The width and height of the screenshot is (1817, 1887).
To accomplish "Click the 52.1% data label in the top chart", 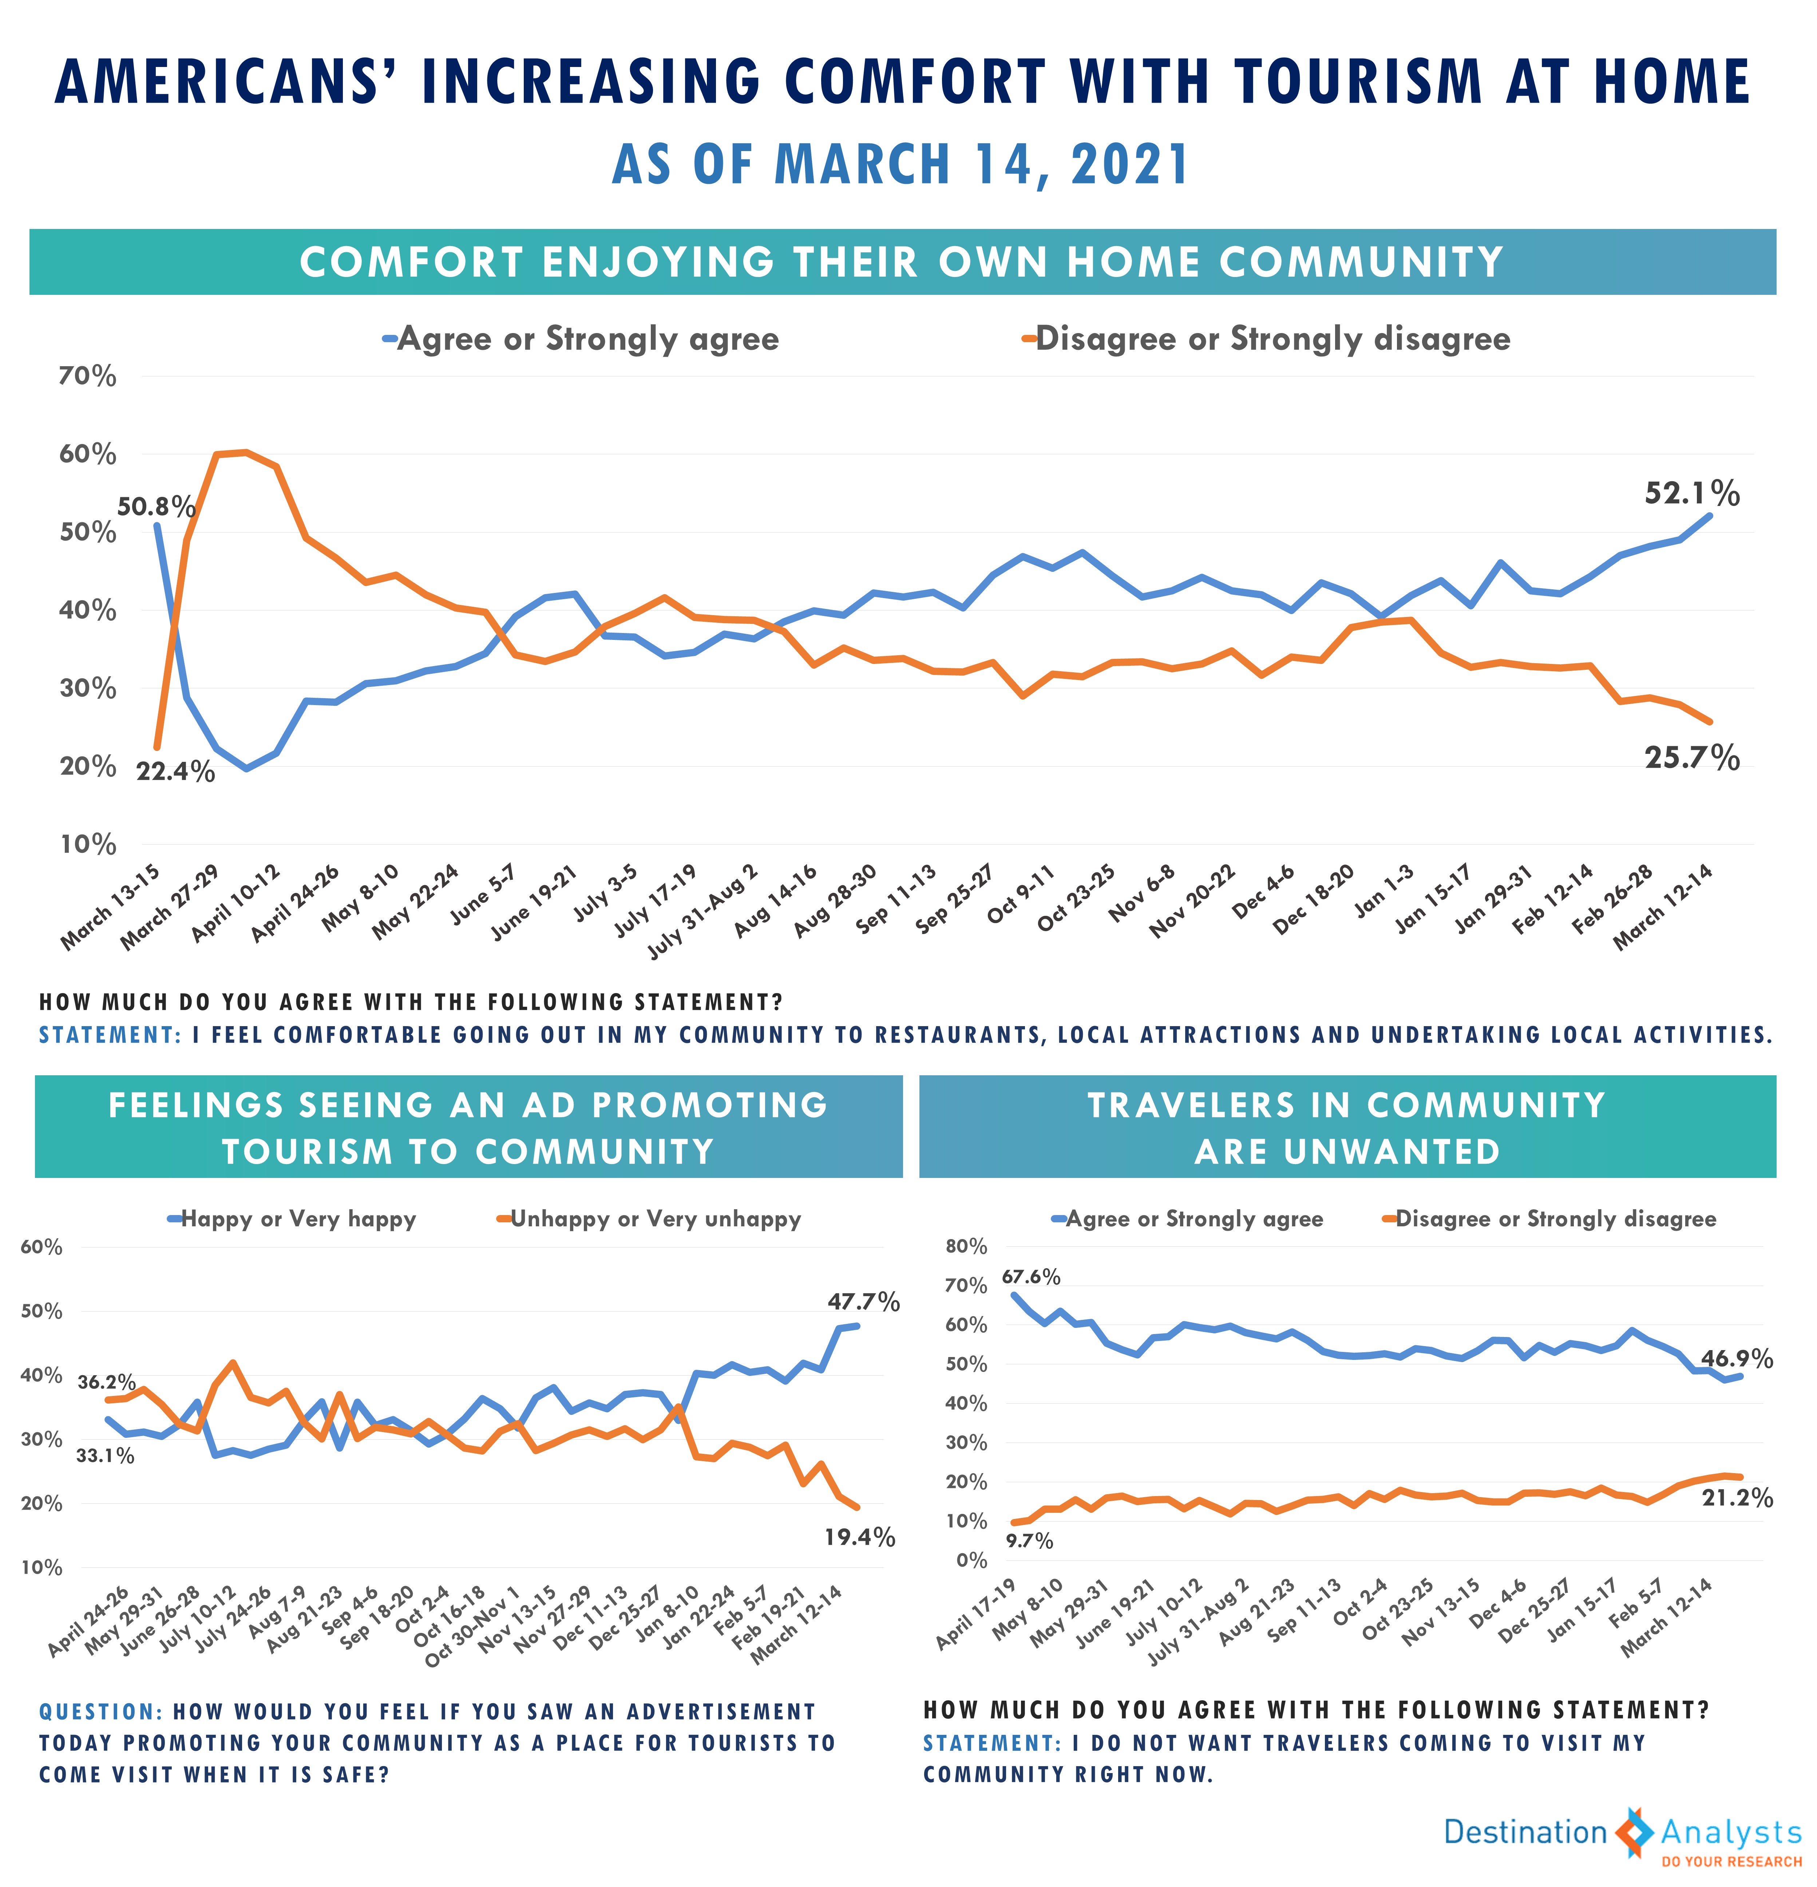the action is (x=1692, y=494).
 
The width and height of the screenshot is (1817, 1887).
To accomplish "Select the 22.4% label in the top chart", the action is (x=175, y=771).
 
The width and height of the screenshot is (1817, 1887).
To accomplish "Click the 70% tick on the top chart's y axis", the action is (x=88, y=376).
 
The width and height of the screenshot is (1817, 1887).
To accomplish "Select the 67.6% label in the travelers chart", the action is (x=1031, y=1277).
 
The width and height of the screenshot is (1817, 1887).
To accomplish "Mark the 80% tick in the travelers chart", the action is (x=967, y=1246).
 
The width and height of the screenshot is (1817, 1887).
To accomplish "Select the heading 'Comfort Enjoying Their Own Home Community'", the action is (x=902, y=262).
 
